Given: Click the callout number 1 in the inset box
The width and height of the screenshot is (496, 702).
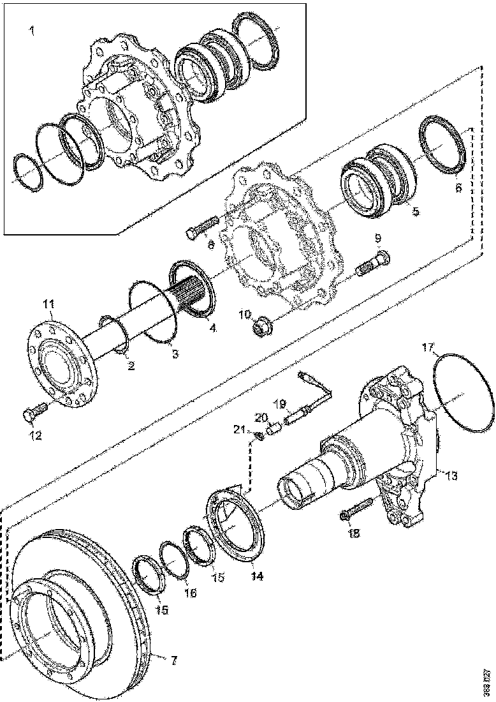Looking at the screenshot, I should [33, 31].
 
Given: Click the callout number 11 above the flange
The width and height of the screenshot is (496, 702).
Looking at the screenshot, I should [49, 304].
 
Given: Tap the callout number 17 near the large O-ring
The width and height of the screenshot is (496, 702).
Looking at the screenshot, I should [428, 348].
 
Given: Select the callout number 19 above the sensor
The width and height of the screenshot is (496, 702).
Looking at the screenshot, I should [279, 404].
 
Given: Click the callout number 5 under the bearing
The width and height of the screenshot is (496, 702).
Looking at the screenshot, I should [414, 212].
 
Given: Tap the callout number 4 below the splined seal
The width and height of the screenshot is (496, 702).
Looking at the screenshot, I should [212, 329].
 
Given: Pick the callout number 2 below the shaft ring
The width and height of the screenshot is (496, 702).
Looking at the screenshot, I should [130, 366].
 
